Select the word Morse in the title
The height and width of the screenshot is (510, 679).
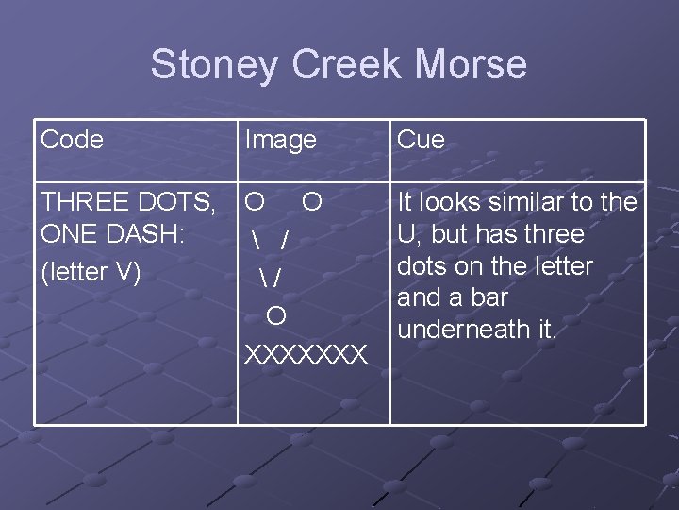[472, 65]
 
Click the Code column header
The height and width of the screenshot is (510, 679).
[73, 140]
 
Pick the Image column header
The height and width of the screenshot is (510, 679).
[281, 140]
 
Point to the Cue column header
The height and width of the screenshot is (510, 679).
[421, 140]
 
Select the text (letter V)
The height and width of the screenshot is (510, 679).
[91, 272]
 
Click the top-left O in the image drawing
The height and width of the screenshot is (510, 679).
[254, 202]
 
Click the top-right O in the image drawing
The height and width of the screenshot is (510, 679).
[312, 202]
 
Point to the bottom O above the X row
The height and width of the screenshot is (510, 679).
[276, 314]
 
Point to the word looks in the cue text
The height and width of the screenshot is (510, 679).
[451, 202]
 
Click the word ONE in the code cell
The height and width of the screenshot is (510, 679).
[67, 234]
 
